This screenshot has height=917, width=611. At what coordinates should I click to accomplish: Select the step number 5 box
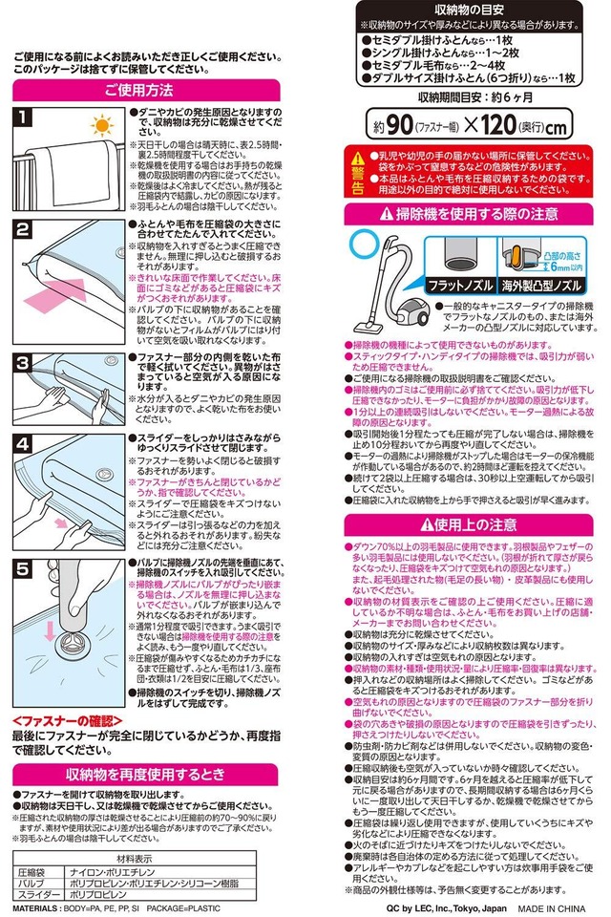click(23, 566)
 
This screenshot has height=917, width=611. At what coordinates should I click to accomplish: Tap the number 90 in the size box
click(398, 125)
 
